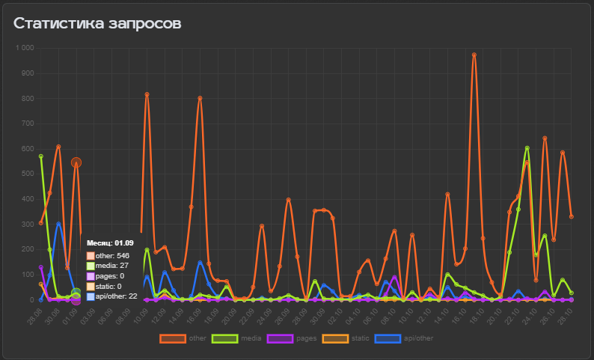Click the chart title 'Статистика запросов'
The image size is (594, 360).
(97, 24)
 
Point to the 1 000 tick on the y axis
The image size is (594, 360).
(25, 48)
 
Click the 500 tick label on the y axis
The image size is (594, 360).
(27, 174)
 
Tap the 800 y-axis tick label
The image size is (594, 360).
(27, 98)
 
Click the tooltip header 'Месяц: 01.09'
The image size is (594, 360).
(110, 243)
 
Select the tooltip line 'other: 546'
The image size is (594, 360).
(112, 256)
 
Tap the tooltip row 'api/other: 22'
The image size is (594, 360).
(116, 296)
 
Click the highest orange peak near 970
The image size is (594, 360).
(474, 55)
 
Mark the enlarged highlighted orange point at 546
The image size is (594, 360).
(76, 162)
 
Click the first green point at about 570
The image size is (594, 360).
(41, 156)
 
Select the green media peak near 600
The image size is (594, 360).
(527, 148)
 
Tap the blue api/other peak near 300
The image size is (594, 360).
(58, 224)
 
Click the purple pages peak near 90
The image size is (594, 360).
(394, 277)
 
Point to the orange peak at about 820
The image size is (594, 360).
(147, 94)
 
